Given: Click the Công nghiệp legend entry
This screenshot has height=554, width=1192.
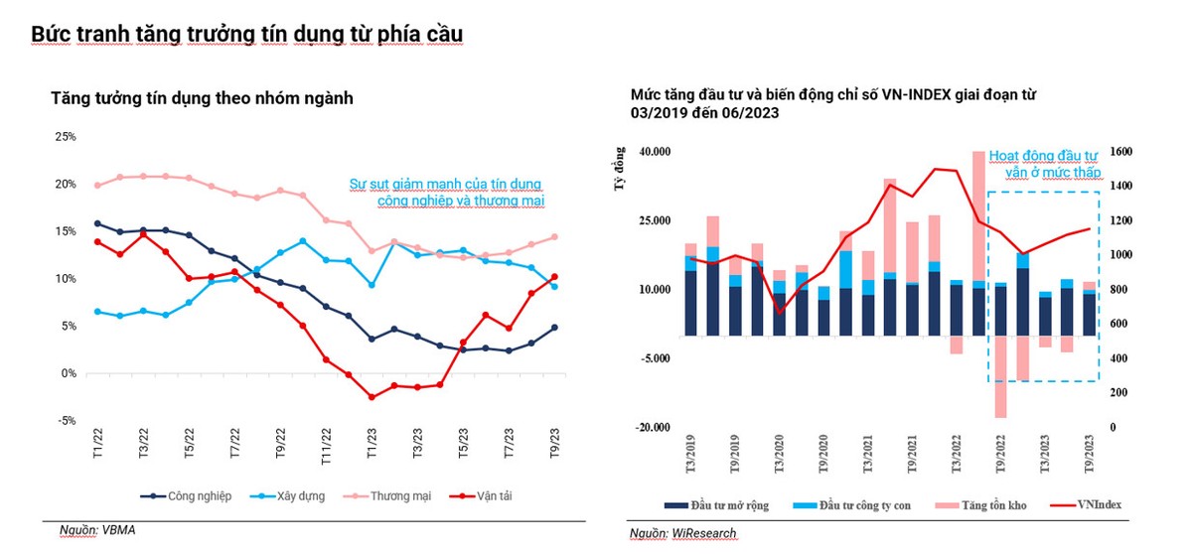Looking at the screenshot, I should coord(193,495).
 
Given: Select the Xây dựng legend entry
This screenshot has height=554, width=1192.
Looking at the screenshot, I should coord(295,495).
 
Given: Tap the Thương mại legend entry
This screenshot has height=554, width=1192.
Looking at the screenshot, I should coord(398,495).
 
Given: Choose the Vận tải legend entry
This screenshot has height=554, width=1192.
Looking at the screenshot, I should coord(495,495).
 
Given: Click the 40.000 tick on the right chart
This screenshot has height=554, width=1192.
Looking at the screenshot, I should coord(657,152).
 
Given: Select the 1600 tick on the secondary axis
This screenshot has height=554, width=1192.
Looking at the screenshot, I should coord(1121,152).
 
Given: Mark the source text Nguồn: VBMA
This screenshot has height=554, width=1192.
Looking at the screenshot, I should coord(94,530).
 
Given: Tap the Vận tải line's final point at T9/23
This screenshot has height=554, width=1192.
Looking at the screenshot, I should coord(554,277).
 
